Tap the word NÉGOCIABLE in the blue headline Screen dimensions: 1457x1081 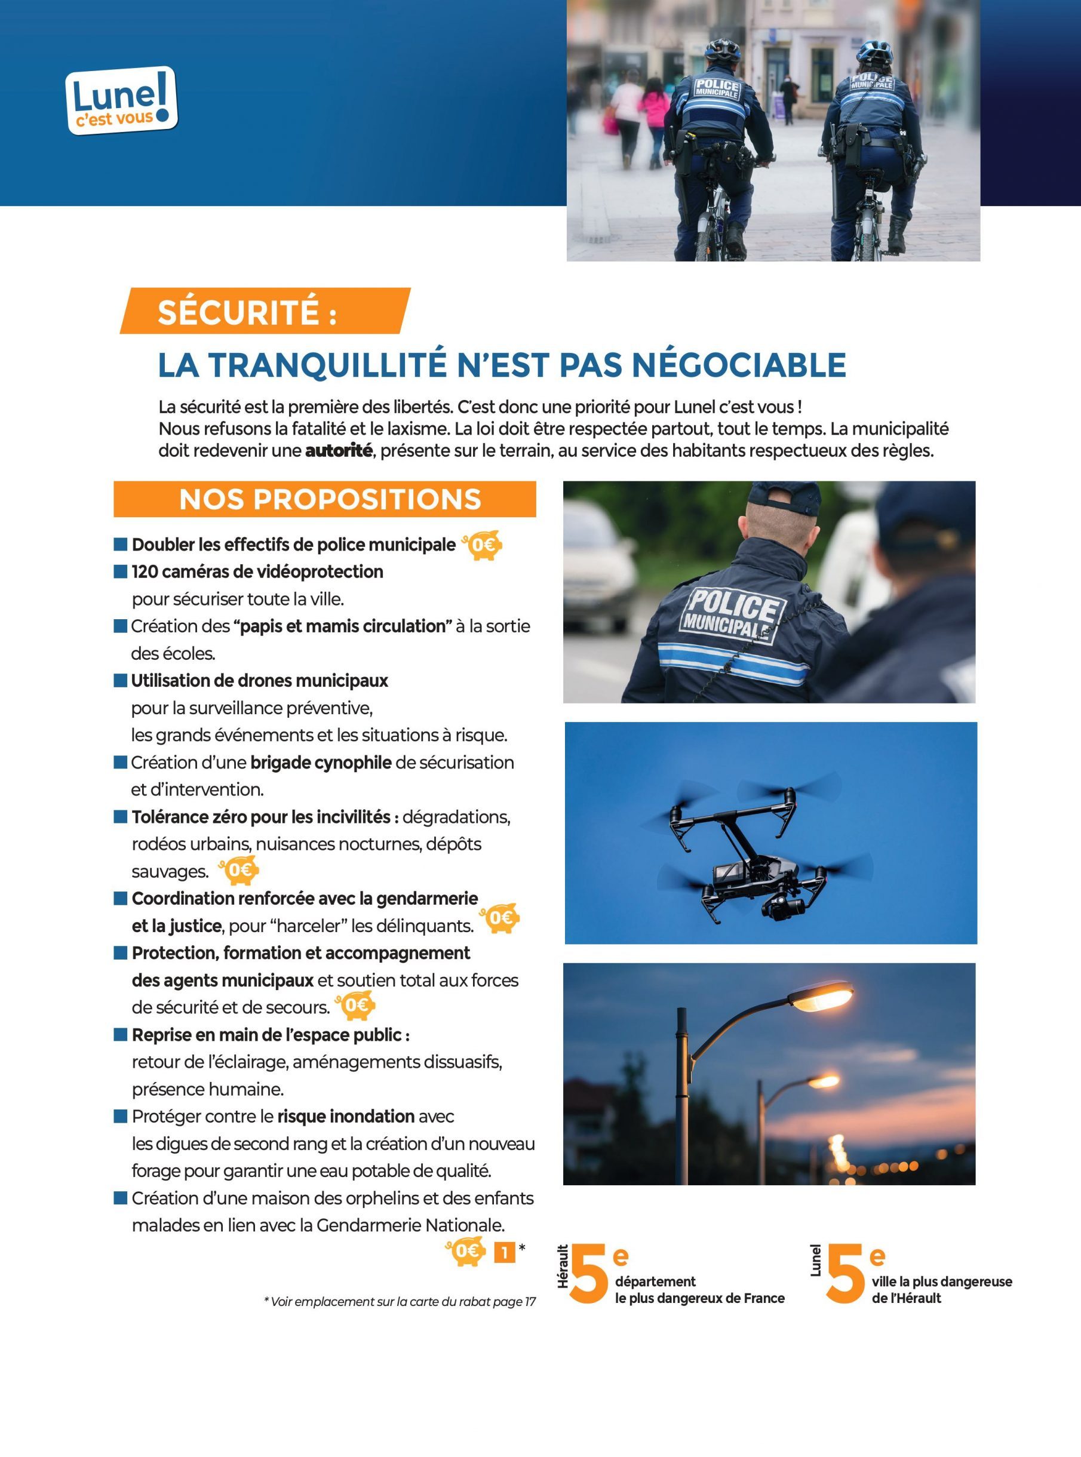click(739, 364)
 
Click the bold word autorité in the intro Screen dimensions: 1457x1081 click(338, 451)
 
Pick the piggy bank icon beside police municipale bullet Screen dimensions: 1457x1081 click(483, 545)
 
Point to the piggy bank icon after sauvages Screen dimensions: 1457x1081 click(240, 870)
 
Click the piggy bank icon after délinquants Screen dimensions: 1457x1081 click(500, 918)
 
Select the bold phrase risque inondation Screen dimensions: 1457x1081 click(345, 1116)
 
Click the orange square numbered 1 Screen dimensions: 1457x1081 click(505, 1252)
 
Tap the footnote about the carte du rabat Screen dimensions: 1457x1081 click(399, 1302)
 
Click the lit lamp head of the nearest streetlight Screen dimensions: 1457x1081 click(821, 996)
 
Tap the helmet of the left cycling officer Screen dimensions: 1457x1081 click(723, 49)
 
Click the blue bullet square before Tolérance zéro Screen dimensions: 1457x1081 click(121, 816)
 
